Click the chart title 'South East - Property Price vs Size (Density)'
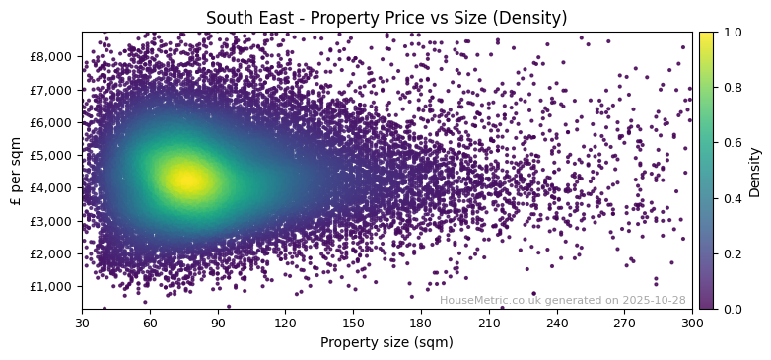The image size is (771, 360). (x=385, y=18)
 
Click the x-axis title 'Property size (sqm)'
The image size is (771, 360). (x=386, y=343)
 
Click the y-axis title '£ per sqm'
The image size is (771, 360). (x=16, y=171)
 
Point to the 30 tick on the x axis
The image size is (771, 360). (x=82, y=323)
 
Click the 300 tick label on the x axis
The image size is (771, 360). (x=692, y=323)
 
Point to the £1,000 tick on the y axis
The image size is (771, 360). (x=54, y=286)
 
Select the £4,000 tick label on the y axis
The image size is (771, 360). (x=54, y=187)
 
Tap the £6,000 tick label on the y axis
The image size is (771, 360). (x=54, y=122)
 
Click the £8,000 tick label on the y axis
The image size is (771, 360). (x=54, y=56)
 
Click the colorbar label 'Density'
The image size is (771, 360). (x=755, y=171)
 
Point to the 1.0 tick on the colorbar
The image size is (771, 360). (x=730, y=33)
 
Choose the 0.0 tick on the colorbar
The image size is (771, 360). (x=730, y=309)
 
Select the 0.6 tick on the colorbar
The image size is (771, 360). (x=730, y=143)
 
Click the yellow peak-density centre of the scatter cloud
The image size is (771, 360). (x=187, y=180)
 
